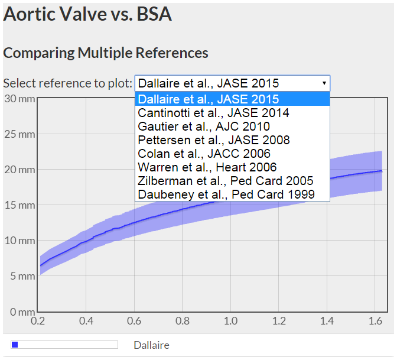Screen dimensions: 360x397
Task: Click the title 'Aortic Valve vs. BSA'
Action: coord(87,14)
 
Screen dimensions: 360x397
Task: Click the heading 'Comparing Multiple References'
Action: coord(106,53)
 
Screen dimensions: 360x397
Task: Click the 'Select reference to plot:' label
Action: coord(67,83)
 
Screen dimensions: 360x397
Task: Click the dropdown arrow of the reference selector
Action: coord(324,83)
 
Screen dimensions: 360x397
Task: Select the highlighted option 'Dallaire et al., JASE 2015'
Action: coord(208,99)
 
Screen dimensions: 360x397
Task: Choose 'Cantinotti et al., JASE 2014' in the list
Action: coord(213,113)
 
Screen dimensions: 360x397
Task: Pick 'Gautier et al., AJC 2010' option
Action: coord(203,127)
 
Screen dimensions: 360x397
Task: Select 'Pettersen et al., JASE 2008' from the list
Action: coord(213,140)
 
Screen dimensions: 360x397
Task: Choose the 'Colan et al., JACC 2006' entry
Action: coord(204,154)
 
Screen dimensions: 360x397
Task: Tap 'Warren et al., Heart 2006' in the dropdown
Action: coord(207,167)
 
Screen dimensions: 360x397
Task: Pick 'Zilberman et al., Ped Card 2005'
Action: coord(225,181)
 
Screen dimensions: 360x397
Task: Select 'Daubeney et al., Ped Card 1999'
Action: coord(226,194)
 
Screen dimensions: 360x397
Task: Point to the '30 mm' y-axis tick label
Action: coord(18,99)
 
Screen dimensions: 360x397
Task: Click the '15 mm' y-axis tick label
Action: coord(18,205)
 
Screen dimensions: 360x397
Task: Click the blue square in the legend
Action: coord(15,345)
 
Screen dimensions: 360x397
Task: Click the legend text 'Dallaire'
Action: coord(151,345)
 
